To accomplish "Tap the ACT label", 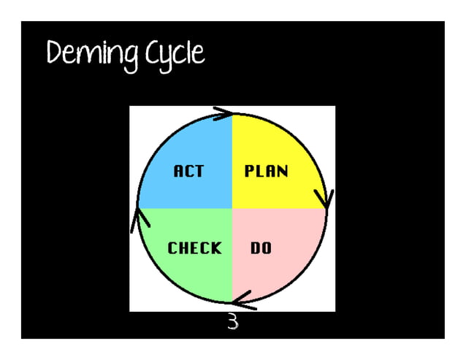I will click(x=188, y=172).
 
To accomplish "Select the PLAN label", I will click(x=266, y=172).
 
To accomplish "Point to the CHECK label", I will click(x=194, y=248).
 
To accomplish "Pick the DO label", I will click(x=261, y=248).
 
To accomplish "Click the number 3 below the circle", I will click(x=232, y=322).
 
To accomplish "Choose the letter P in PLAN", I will click(x=249, y=172).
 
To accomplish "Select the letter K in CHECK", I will click(x=215, y=248).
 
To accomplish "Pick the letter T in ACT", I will click(x=199, y=172).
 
